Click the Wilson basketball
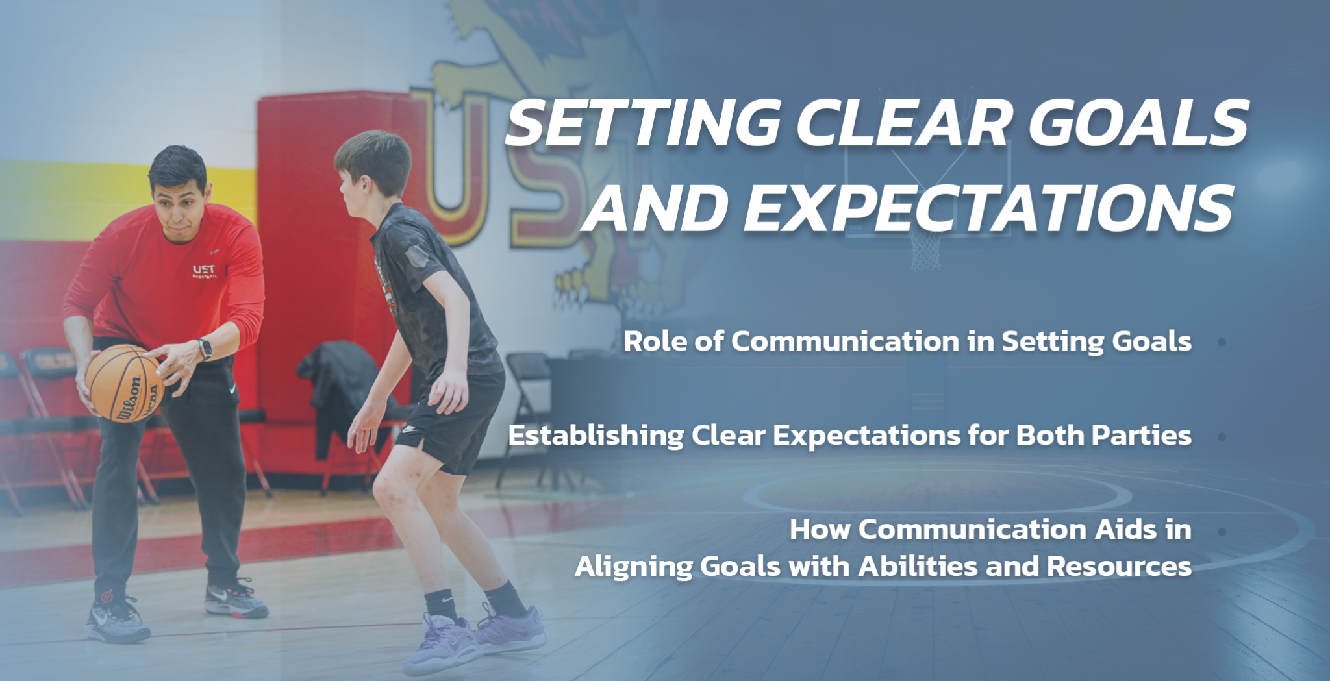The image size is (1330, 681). (x=123, y=383)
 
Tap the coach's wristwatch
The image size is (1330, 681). (x=205, y=349)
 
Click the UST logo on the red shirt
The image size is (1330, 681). (x=204, y=271)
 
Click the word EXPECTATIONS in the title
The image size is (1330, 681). (x=988, y=208)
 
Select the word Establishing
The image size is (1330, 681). (x=596, y=436)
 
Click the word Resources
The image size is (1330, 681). (x=1119, y=566)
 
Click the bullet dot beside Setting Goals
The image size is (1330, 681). (x=1222, y=342)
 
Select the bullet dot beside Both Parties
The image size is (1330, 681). (x=1222, y=437)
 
